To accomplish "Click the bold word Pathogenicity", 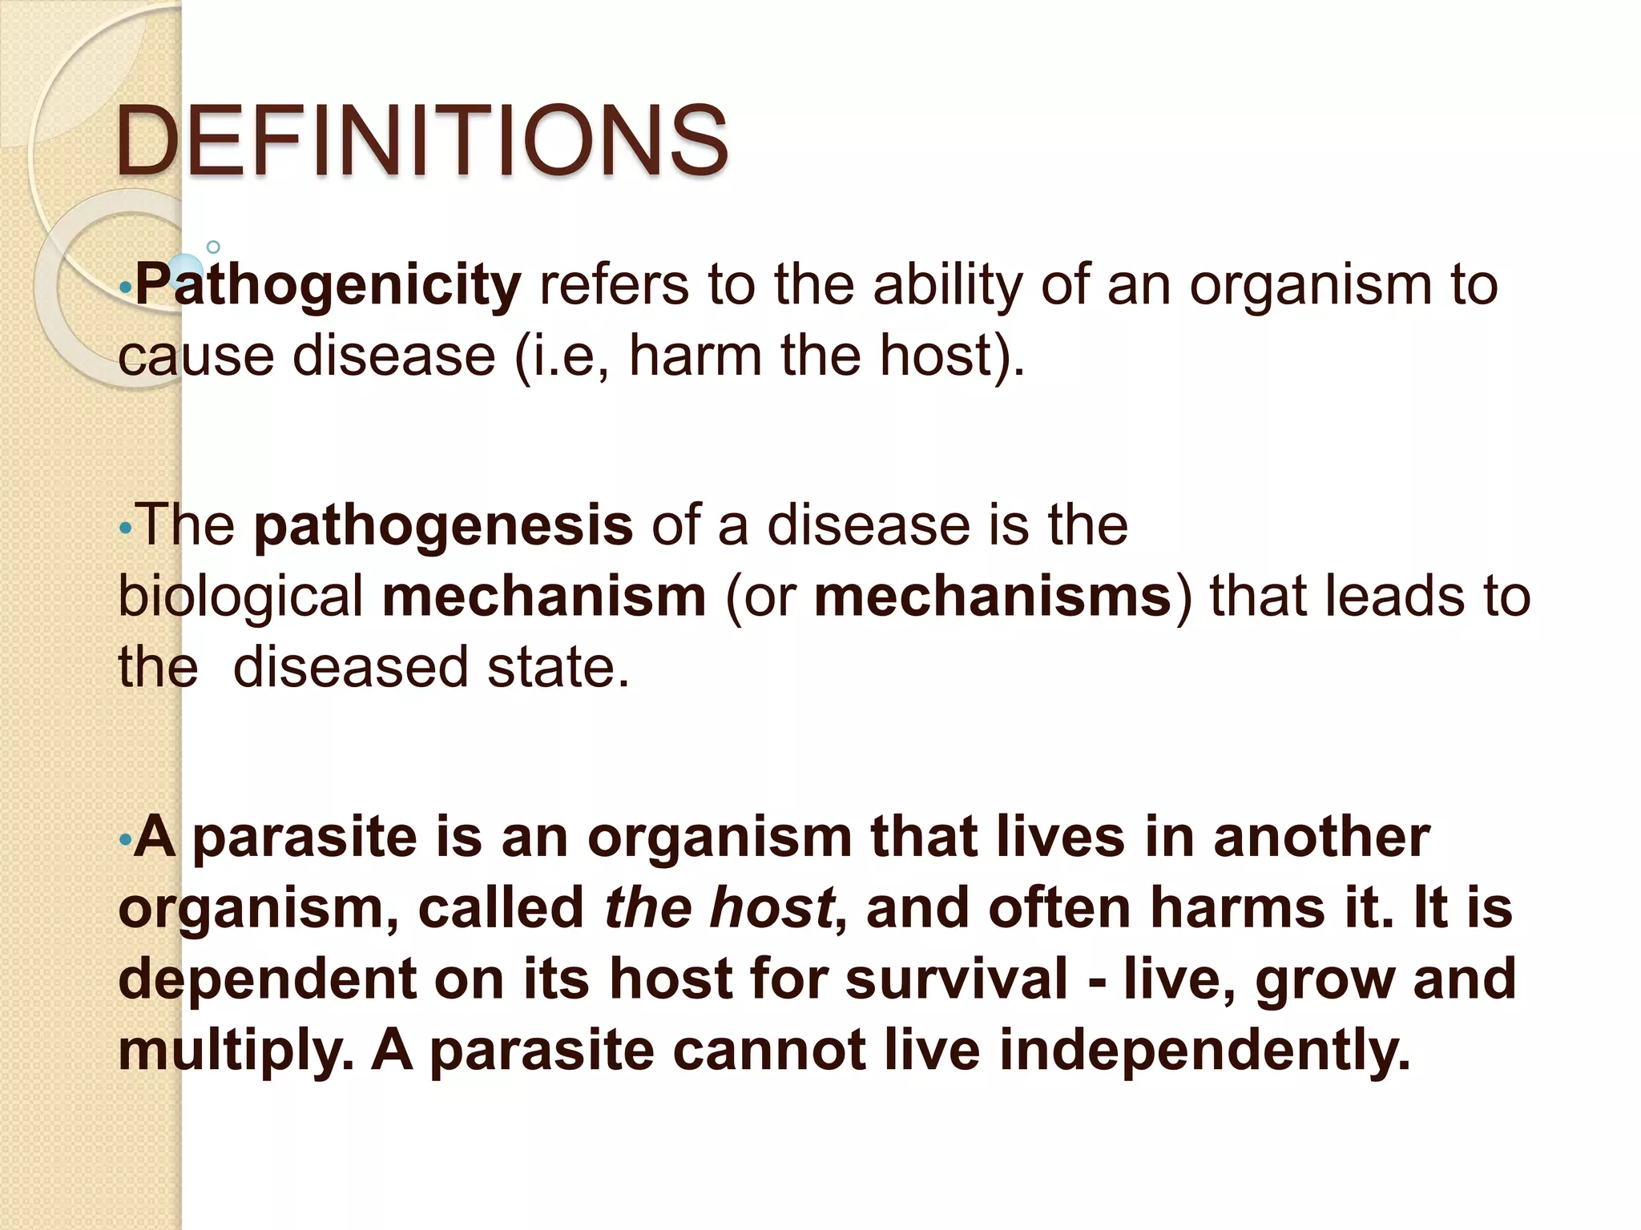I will pyautogui.click(x=329, y=285).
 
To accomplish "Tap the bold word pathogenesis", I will pyautogui.click(x=443, y=526).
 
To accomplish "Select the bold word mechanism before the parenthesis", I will pyautogui.click(x=544, y=597).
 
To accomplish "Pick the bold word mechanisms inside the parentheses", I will pyautogui.click(x=993, y=597).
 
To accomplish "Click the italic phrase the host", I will pyautogui.click(x=719, y=908).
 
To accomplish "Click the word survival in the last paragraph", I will pyautogui.click(x=957, y=979).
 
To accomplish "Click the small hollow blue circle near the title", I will pyautogui.click(x=213, y=247).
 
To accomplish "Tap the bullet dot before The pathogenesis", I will pyautogui.click(x=123, y=529).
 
